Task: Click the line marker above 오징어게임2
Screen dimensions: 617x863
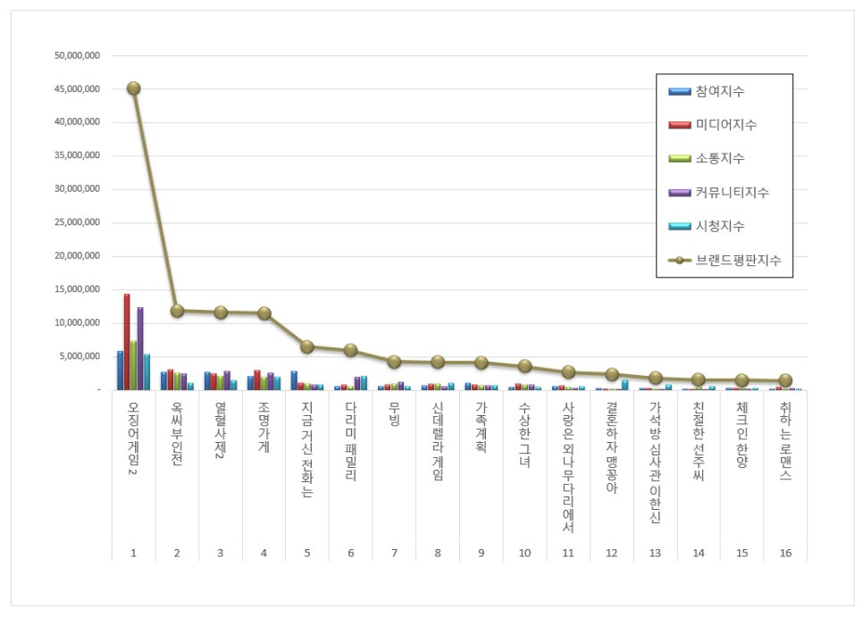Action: tap(133, 88)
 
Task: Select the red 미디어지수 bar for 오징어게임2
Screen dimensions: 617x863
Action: tap(127, 342)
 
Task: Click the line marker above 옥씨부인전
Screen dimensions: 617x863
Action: tap(177, 311)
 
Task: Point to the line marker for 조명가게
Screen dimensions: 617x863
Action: tap(264, 313)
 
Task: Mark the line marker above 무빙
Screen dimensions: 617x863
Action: tap(394, 362)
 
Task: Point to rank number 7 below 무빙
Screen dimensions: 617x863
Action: tap(394, 554)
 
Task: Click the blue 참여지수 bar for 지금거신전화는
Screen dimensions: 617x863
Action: tap(294, 380)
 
